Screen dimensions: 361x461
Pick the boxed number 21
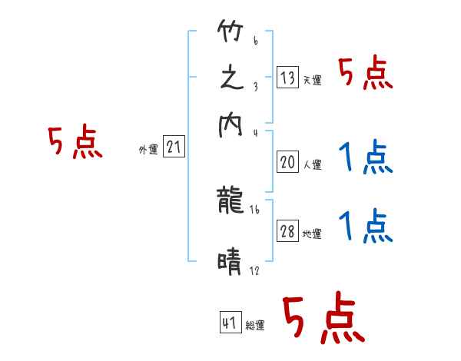click(x=174, y=147)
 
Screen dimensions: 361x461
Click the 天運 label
click(x=312, y=80)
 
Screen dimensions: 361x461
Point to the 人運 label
click(x=312, y=164)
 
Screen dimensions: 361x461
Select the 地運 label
click(x=312, y=234)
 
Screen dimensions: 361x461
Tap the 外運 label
click(x=148, y=150)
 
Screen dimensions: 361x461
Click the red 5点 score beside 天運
click(x=366, y=75)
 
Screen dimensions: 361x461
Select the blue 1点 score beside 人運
click(x=366, y=159)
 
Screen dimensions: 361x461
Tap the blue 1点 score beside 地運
click(x=366, y=227)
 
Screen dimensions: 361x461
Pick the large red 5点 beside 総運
click(x=323, y=320)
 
